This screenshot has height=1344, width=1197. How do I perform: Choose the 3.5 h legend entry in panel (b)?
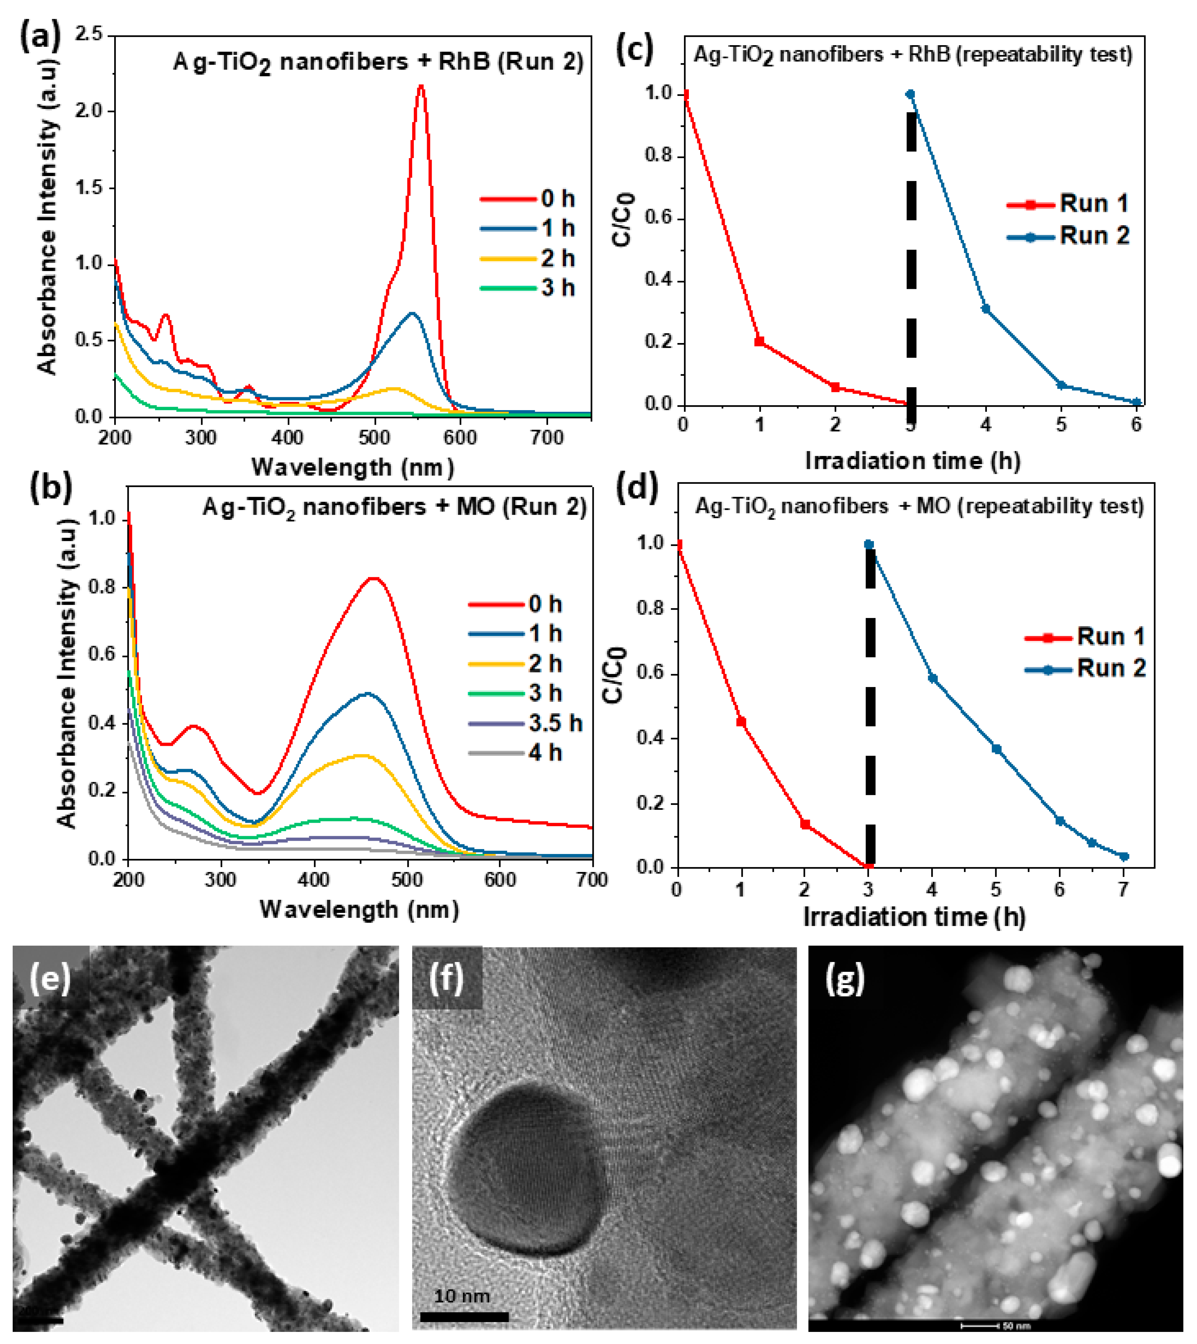pyautogui.click(x=526, y=723)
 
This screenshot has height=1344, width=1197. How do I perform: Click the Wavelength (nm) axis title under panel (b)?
pyautogui.click(x=359, y=909)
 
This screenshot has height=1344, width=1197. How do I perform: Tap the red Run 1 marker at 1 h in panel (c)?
pyautogui.click(x=760, y=341)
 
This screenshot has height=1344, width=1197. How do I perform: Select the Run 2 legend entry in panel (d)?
pyautogui.click(x=1085, y=669)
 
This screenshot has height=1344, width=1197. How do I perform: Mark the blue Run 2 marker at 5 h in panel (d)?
pyautogui.click(x=996, y=749)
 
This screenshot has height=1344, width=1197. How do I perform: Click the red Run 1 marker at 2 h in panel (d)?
pyautogui.click(x=805, y=824)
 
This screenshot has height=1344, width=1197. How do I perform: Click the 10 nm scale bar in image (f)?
pyautogui.click(x=464, y=1316)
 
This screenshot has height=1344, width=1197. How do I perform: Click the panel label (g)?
pyautogui.click(x=845, y=980)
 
